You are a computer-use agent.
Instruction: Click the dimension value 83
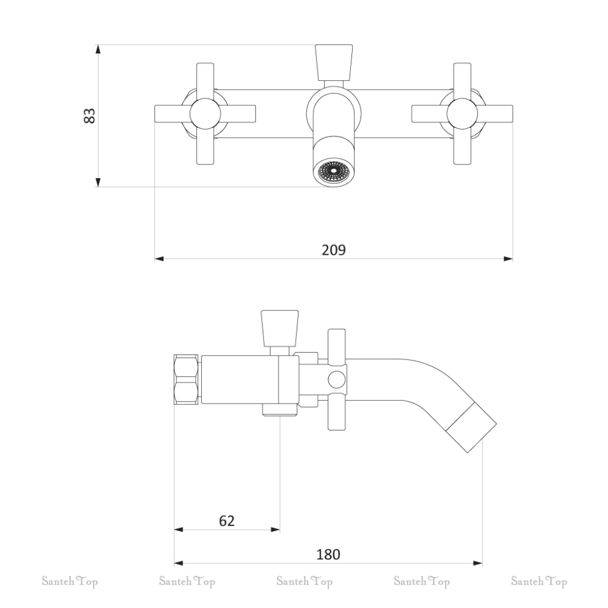click(x=90, y=116)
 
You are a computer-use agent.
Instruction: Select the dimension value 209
click(x=334, y=250)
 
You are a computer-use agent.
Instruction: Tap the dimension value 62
click(x=227, y=521)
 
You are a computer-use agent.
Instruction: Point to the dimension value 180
click(x=328, y=555)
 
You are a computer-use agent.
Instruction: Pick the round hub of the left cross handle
click(x=205, y=114)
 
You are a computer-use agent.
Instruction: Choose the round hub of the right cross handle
click(x=462, y=114)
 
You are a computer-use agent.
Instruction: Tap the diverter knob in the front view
click(x=334, y=62)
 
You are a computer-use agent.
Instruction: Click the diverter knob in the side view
click(x=280, y=328)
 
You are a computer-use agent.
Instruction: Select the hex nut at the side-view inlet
click(x=186, y=379)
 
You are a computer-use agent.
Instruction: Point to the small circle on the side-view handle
click(x=337, y=379)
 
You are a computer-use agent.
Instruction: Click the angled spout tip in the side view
click(x=471, y=427)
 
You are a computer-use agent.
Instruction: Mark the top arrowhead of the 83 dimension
click(x=98, y=49)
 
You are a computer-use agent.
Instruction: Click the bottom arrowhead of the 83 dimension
click(x=98, y=182)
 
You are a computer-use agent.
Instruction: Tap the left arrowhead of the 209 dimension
click(x=159, y=259)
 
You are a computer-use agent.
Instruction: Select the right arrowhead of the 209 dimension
click(x=508, y=259)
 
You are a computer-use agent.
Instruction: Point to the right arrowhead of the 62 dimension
click(x=275, y=530)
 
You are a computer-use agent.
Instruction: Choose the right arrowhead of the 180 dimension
click(x=478, y=563)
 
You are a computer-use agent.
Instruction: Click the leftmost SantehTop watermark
click(x=70, y=582)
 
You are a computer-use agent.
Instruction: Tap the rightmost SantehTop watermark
click(x=539, y=582)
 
